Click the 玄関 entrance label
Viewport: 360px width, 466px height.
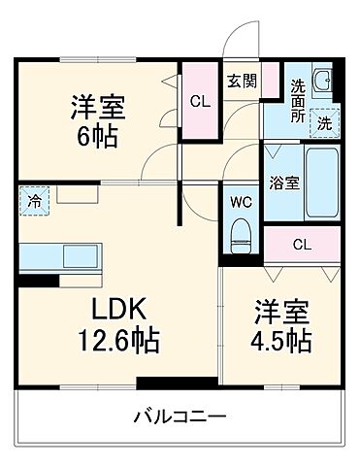pyautogui.click(x=243, y=81)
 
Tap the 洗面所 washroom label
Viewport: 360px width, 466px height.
pyautogui.click(x=298, y=98)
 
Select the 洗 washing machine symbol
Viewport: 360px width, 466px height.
pyautogui.click(x=329, y=123)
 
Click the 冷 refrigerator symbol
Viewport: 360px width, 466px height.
pyautogui.click(x=31, y=204)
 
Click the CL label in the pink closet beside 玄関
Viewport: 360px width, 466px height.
pyautogui.click(x=199, y=99)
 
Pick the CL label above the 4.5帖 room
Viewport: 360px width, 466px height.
pyautogui.click(x=302, y=244)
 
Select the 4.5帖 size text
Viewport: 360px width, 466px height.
pyautogui.click(x=282, y=342)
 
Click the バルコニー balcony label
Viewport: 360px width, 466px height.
pyautogui.click(x=180, y=417)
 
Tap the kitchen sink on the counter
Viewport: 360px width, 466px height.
pyautogui.click(x=78, y=257)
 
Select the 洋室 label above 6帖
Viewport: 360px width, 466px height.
pyautogui.click(x=97, y=105)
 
